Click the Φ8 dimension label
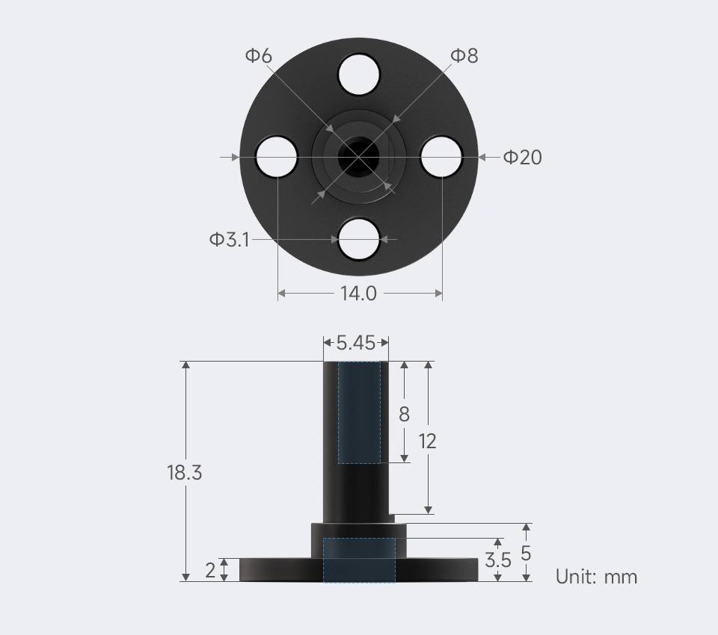pyautogui.click(x=464, y=55)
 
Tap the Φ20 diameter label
pyautogui.click(x=522, y=157)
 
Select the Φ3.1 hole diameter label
pyautogui.click(x=229, y=240)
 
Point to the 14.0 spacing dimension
pyautogui.click(x=359, y=294)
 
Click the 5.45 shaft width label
pyautogui.click(x=355, y=343)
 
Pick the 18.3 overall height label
pyautogui.click(x=185, y=472)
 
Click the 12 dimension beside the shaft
pyautogui.click(x=427, y=441)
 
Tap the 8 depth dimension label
pyautogui.click(x=404, y=414)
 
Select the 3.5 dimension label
pyautogui.click(x=498, y=560)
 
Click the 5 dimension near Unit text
pyautogui.click(x=526, y=554)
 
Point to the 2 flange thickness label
pyautogui.click(x=210, y=570)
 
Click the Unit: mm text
pyautogui.click(x=596, y=577)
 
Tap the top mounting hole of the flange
pyautogui.click(x=359, y=74)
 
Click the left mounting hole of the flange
pyautogui.click(x=276, y=157)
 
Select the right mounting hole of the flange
pyautogui.click(x=441, y=157)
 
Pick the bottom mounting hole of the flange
pyautogui.click(x=359, y=239)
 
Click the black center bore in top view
pyautogui.click(x=354, y=157)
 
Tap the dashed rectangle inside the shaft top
pyautogui.click(x=359, y=412)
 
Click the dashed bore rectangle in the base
pyautogui.click(x=359, y=560)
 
